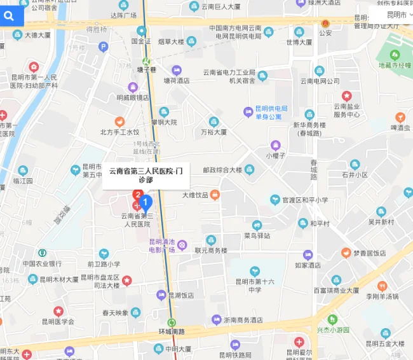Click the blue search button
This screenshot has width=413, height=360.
click(x=11, y=16)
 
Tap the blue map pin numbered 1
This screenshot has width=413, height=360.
click(x=146, y=204)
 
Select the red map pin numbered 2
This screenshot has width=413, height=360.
click(x=137, y=195)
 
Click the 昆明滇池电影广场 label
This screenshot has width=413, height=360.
click(x=162, y=245)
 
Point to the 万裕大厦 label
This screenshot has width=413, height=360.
click(x=213, y=132)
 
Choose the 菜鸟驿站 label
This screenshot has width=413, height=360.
click(x=257, y=235)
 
